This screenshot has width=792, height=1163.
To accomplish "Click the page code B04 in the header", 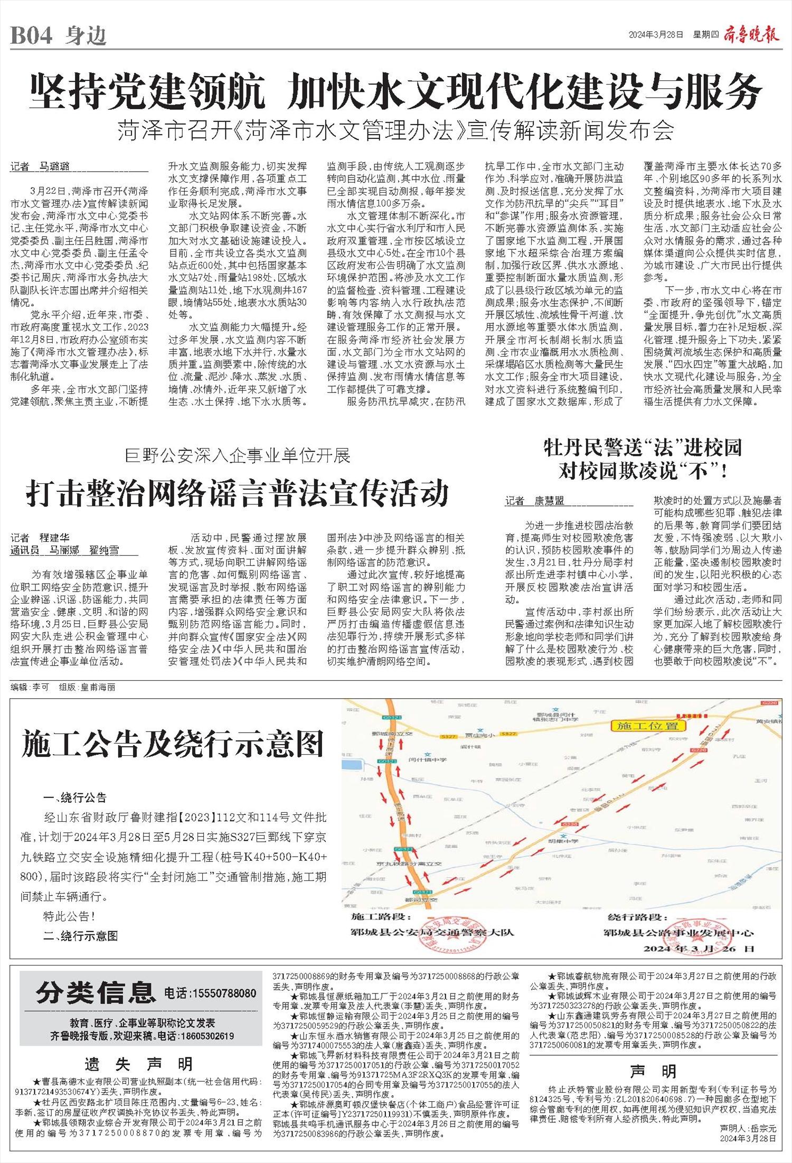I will click(32, 35).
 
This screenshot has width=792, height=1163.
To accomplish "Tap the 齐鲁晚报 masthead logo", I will click(753, 34).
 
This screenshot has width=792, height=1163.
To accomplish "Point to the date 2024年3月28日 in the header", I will click(656, 35).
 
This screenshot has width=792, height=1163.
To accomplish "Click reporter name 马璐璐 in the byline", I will click(55, 167).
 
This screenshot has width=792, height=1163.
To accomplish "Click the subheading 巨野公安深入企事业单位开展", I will click(238, 455).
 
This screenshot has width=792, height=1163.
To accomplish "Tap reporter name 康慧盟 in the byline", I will click(549, 501).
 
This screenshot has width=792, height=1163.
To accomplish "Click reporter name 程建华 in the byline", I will click(55, 538).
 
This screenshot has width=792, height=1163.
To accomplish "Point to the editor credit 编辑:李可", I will click(30, 687).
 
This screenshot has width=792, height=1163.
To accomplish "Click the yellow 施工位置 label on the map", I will click(647, 726).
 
